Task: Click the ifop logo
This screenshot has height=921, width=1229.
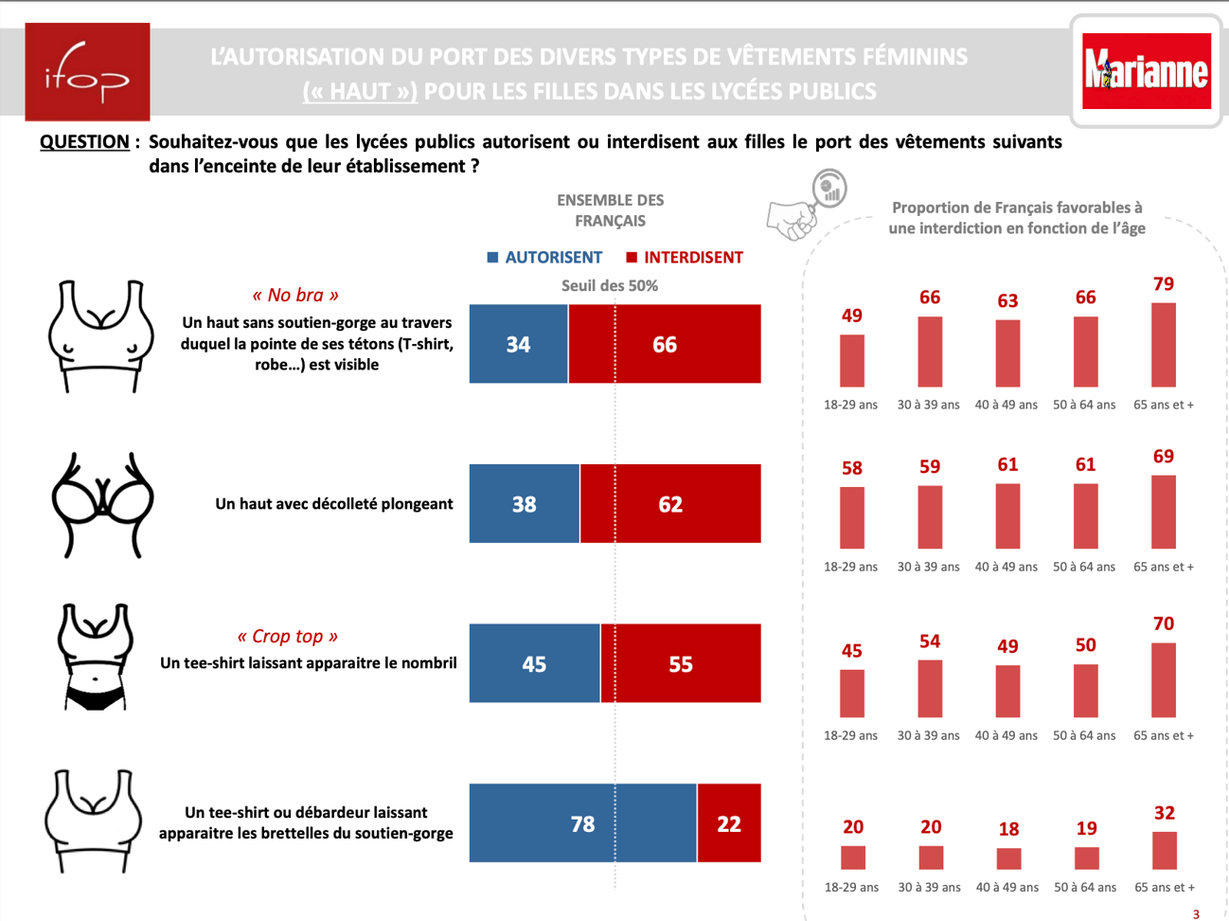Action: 87,72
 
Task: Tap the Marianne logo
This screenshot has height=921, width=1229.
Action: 1147,71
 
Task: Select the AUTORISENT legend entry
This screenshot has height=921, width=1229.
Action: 544,258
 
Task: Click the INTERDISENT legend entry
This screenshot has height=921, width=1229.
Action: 685,258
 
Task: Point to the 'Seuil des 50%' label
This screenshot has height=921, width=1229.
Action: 610,285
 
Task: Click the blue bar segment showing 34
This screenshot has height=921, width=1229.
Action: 518,344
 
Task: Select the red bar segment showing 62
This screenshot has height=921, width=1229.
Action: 670,504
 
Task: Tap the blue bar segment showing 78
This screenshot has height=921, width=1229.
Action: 582,823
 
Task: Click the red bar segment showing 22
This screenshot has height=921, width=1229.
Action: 729,823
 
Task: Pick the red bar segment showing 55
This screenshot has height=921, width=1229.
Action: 681,663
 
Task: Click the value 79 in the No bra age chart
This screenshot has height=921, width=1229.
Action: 1164,284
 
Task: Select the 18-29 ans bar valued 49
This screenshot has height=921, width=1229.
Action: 852,360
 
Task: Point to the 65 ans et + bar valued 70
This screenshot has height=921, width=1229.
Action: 1164,680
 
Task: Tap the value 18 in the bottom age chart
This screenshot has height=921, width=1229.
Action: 1009,829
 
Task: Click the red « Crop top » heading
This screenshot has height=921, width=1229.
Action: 287,637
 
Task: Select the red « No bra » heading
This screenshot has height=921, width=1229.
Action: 294,296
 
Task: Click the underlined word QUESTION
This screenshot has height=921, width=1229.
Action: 84,142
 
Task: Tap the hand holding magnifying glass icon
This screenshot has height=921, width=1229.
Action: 806,206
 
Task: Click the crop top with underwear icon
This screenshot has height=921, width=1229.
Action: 95,658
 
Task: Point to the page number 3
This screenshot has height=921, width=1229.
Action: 1196,914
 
